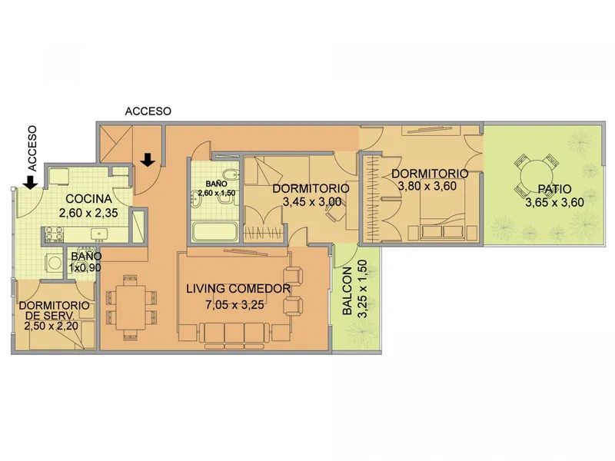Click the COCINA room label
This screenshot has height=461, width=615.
click(x=88, y=199)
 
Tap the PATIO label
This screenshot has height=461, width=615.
click(x=554, y=189)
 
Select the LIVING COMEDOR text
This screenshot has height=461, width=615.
click(x=238, y=289)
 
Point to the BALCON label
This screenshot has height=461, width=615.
click(x=347, y=291)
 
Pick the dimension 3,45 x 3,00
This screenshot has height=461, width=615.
click(x=312, y=202)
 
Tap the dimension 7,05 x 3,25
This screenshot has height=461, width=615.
click(x=234, y=304)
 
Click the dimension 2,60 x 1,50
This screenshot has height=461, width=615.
click(x=217, y=193)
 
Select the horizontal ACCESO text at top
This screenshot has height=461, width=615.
click(x=148, y=111)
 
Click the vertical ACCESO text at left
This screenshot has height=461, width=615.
click(x=32, y=148)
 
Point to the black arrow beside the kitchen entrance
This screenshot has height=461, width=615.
click(x=30, y=182)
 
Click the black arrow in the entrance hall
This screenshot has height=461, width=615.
click(x=148, y=160)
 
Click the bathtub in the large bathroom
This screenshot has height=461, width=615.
click(x=214, y=231)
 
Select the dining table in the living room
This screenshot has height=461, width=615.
click(x=131, y=307)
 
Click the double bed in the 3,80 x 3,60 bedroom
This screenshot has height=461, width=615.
click(x=443, y=209)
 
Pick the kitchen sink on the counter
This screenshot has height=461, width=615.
click(x=99, y=234)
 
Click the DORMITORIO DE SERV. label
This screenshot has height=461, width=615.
click(x=54, y=310)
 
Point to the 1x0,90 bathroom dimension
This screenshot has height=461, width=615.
click(x=85, y=267)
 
